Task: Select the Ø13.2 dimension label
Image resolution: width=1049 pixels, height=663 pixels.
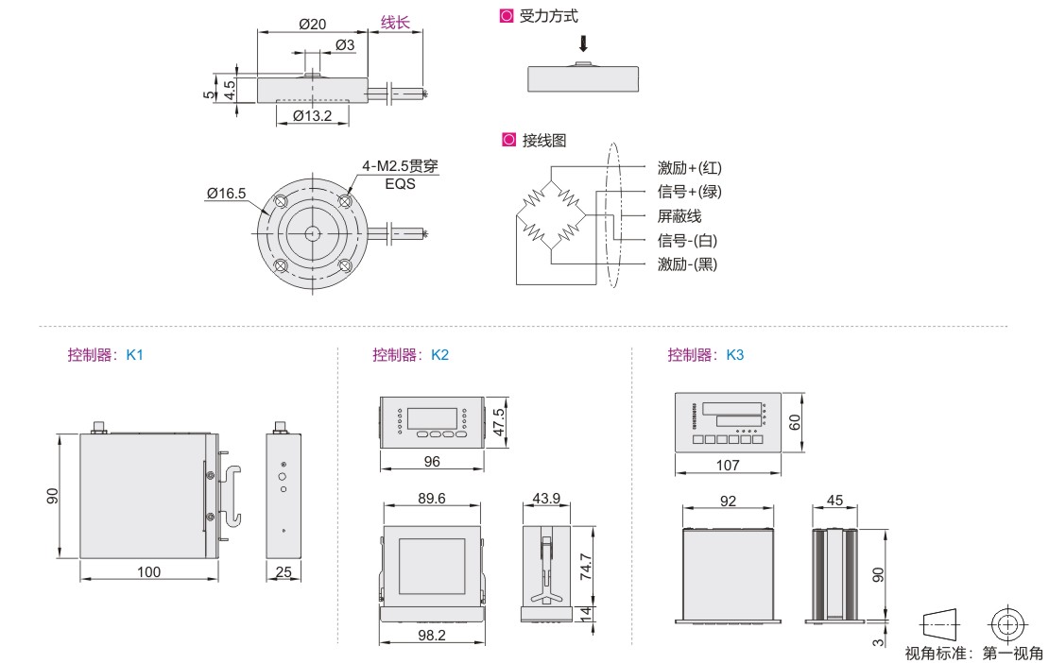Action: pyautogui.click(x=312, y=116)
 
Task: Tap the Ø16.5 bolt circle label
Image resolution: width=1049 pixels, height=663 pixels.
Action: pyautogui.click(x=227, y=194)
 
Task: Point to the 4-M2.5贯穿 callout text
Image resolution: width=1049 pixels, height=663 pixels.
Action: pyautogui.click(x=400, y=166)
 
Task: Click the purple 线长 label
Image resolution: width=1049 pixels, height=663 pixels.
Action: pyautogui.click(x=395, y=23)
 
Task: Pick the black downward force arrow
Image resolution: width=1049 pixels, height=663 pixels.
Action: pyautogui.click(x=584, y=43)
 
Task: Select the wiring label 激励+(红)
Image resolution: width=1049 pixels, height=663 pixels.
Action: pyautogui.click(x=689, y=168)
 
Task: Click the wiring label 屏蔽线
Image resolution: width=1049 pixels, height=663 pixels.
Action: pyautogui.click(x=679, y=216)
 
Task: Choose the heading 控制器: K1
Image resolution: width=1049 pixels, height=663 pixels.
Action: pyautogui.click(x=105, y=355)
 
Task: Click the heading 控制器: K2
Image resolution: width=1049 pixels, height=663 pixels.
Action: pyautogui.click(x=410, y=355)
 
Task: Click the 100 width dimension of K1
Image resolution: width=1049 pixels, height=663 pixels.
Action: pyautogui.click(x=148, y=571)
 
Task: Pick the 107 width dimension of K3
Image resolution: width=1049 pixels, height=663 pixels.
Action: pyautogui.click(x=727, y=465)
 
